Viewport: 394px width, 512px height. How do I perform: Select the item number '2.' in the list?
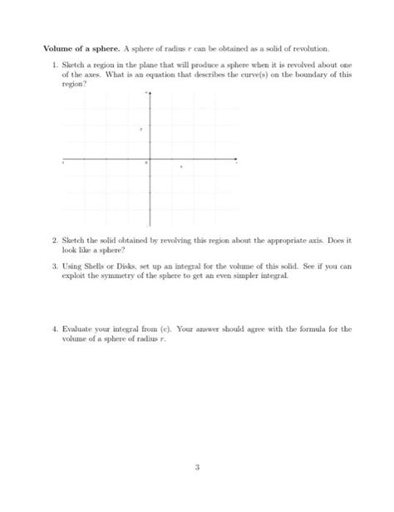click(x=54, y=240)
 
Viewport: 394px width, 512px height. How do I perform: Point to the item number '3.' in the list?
click(x=54, y=267)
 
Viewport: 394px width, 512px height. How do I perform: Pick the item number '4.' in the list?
click(x=54, y=329)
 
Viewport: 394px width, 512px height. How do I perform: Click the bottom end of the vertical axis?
click(x=150, y=226)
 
